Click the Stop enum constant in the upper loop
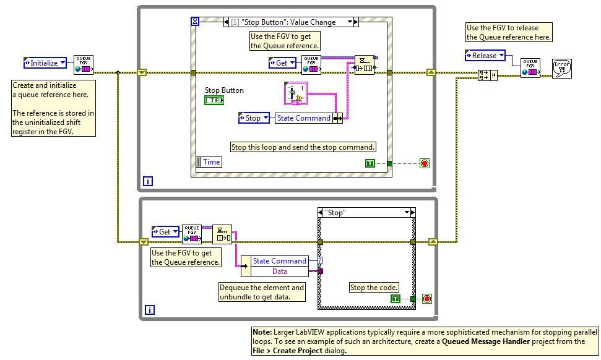coord(254,118)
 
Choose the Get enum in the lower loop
coord(165,232)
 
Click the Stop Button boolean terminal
coord(214,100)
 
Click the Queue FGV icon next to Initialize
coord(84,64)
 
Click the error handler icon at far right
coord(562,69)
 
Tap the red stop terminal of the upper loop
coord(425,163)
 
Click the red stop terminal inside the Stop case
coord(426,299)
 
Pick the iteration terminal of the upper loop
coord(148,181)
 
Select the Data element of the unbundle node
coord(280,271)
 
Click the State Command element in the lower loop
coord(279,261)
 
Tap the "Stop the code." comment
coord(374,288)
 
